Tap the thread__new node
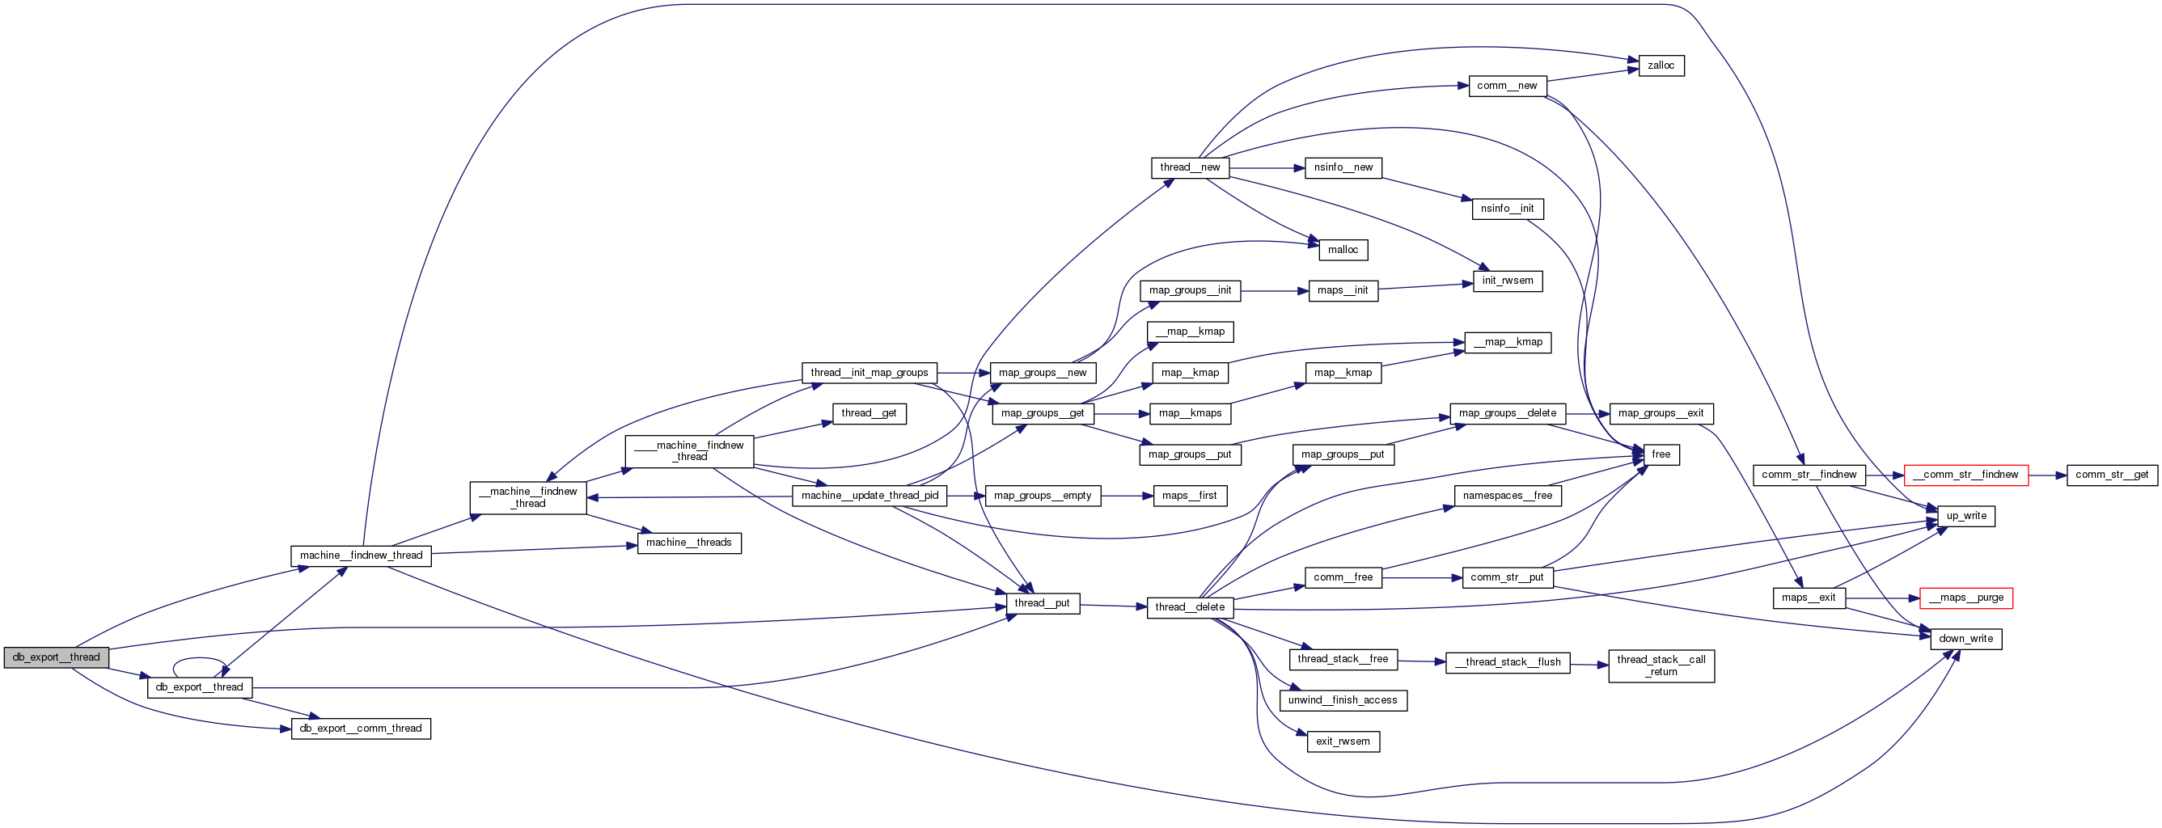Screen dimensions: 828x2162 (1189, 167)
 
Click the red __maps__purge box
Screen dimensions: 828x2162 (1965, 598)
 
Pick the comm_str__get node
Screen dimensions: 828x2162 (2111, 475)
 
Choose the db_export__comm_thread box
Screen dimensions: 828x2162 (361, 729)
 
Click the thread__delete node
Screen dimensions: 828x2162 (1189, 607)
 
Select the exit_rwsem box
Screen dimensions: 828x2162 (1342, 741)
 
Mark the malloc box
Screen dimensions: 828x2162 (1342, 250)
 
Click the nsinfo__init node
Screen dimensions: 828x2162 (1507, 209)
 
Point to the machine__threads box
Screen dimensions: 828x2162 (688, 543)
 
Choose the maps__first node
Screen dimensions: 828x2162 (1189, 496)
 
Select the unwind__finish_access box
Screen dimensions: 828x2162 (1342, 700)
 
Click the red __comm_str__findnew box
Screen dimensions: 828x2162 (1965, 475)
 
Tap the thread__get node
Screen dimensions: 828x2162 (869, 413)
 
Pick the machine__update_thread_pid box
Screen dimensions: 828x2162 (869, 496)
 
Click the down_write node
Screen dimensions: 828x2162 (1965, 640)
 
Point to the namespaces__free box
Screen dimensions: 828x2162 (1507, 496)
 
